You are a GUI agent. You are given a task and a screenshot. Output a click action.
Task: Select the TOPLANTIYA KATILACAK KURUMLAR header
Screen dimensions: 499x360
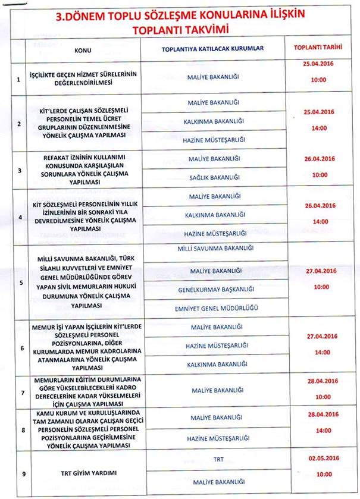(212, 49)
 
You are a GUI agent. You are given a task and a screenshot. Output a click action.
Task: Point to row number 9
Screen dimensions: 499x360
(22, 473)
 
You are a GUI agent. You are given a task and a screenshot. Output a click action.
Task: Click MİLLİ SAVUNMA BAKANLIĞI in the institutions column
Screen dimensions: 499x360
(213, 248)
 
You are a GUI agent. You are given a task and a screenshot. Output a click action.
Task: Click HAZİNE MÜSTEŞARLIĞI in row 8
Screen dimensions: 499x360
(213, 438)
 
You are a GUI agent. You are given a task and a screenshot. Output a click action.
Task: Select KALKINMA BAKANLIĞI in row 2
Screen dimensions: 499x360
(213, 121)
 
